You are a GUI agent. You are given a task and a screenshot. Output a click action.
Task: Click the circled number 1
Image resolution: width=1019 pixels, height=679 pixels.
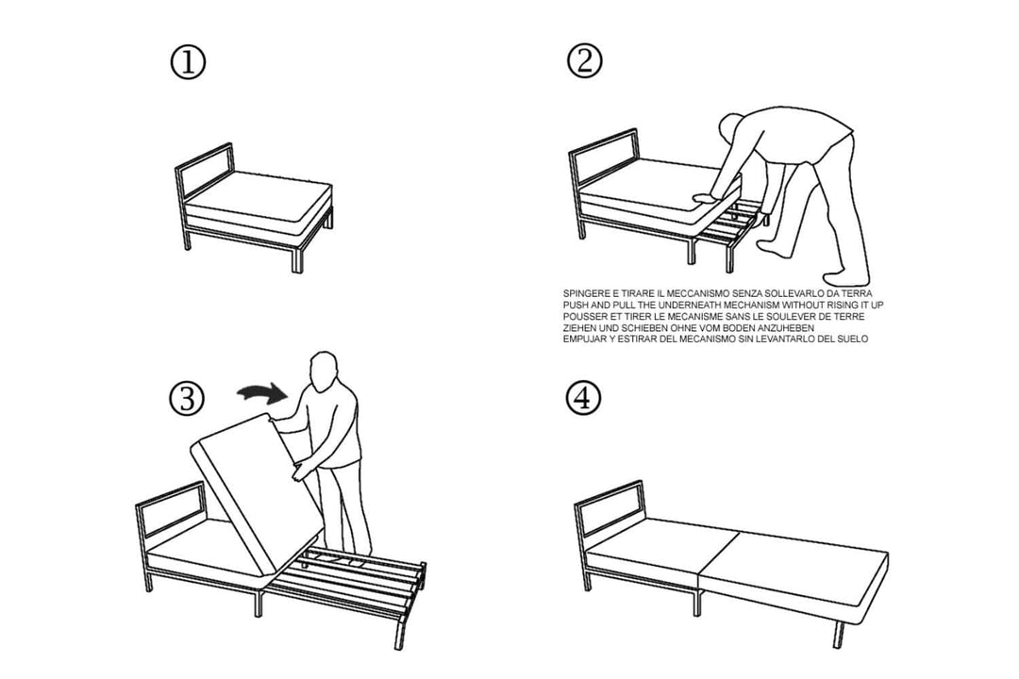point(187,62)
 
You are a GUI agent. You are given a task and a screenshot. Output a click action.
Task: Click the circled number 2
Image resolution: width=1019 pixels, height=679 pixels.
point(584,62)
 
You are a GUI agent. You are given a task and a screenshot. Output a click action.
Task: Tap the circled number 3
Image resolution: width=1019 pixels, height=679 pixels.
point(187,399)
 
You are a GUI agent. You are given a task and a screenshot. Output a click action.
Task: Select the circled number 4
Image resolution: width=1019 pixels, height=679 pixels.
point(584,399)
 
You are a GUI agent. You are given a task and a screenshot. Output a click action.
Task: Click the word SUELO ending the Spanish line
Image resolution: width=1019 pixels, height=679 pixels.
point(848,339)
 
